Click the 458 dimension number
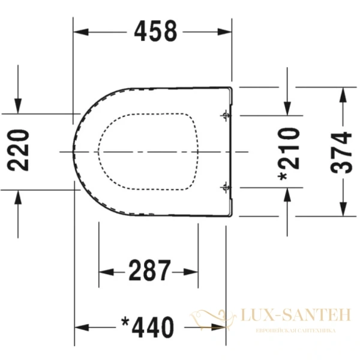pos(155,31)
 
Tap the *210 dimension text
pos(289,153)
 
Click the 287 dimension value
pos(149,272)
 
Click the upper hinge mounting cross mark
pos(225,115)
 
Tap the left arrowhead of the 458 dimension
pos(79,31)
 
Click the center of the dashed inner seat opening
pos(148,151)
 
